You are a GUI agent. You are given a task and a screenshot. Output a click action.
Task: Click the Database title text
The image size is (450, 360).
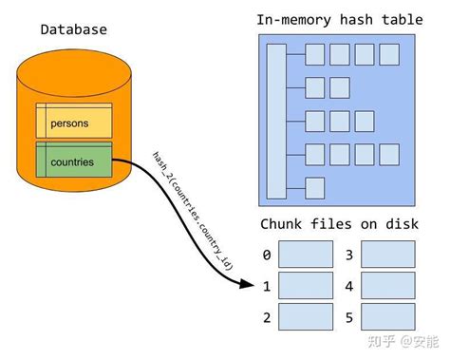pyautogui.click(x=73, y=29)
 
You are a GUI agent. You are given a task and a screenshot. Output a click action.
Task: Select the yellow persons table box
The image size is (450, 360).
pyautogui.click(x=73, y=121)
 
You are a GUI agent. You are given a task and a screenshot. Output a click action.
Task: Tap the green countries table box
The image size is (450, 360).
pyautogui.click(x=73, y=161)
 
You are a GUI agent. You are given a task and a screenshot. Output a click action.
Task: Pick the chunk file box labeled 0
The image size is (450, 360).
pyautogui.click(x=306, y=255)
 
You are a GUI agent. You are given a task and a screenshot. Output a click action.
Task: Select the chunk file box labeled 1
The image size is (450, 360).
pyautogui.click(x=306, y=286)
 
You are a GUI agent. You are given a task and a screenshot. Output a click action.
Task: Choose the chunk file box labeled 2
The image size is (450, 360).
pyautogui.click(x=306, y=316)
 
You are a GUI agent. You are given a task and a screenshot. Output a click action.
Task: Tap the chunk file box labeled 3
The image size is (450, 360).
pyautogui.click(x=388, y=255)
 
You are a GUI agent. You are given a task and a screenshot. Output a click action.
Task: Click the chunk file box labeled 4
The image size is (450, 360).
pyautogui.click(x=388, y=286)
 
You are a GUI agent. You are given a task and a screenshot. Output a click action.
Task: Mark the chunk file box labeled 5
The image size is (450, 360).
pyautogui.click(x=388, y=316)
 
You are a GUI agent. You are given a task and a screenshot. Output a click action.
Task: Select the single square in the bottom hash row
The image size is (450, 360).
pyautogui.click(x=315, y=187)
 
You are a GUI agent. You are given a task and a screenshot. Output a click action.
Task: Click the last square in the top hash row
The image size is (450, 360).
pyautogui.click(x=389, y=55)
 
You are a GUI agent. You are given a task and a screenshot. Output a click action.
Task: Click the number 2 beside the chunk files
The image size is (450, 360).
pyautogui.click(x=267, y=316)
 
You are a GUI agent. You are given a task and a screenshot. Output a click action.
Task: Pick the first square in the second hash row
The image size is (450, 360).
pyautogui.click(x=315, y=88)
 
